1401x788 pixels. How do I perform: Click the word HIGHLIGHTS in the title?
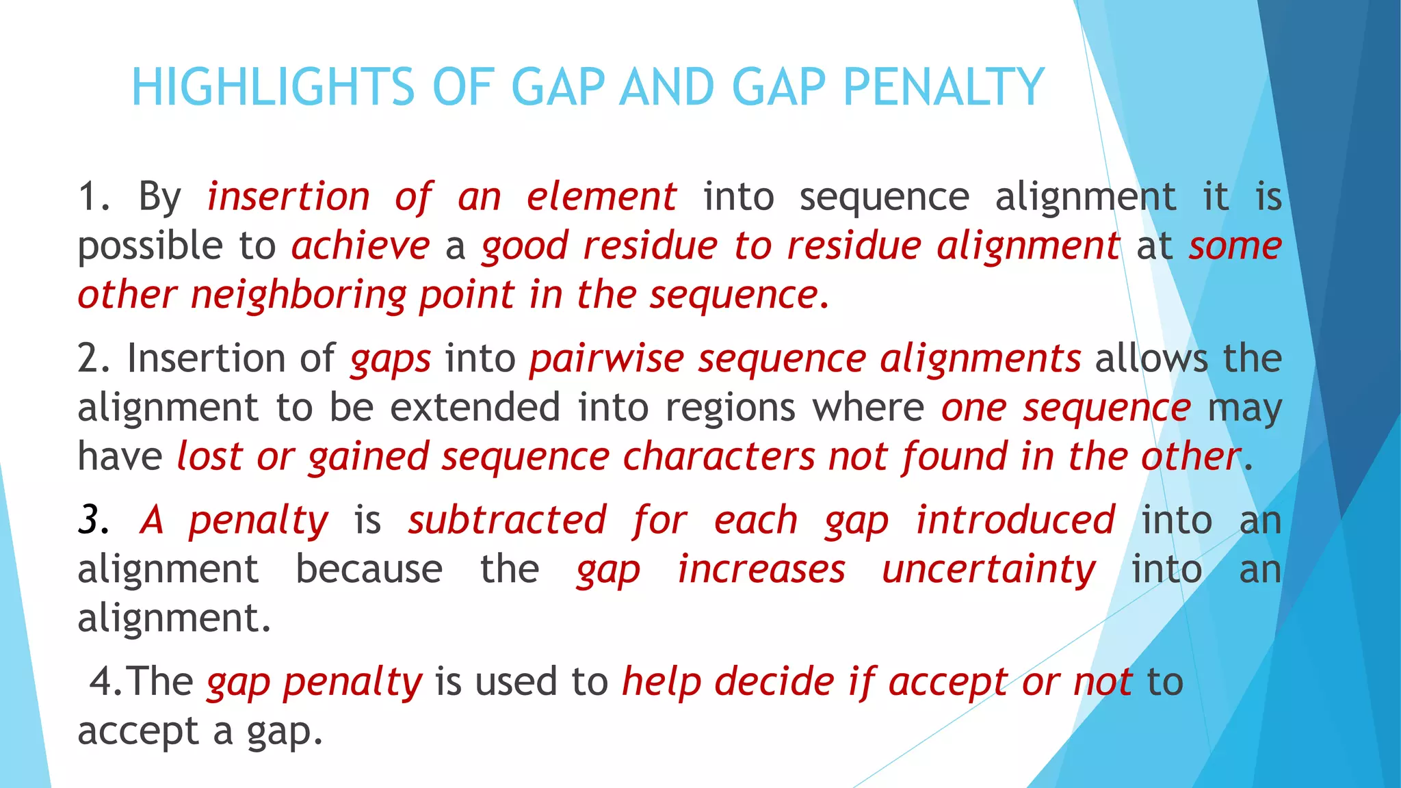[273, 88]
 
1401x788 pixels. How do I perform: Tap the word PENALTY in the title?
[943, 88]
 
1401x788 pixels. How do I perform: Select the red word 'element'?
[601, 197]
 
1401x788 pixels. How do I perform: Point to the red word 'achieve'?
[361, 246]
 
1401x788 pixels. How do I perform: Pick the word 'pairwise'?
[606, 359]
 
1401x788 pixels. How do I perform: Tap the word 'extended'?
[475, 408]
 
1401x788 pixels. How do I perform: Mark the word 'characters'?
[719, 457]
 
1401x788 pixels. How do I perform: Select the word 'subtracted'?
[507, 521]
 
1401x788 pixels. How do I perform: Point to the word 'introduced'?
[1015, 521]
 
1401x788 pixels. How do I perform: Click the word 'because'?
[369, 569]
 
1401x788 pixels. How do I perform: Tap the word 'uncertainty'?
[988, 569]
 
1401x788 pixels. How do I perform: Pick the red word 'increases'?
[761, 569]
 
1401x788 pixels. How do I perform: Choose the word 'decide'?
[774, 682]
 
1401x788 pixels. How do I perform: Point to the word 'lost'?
[209, 457]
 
